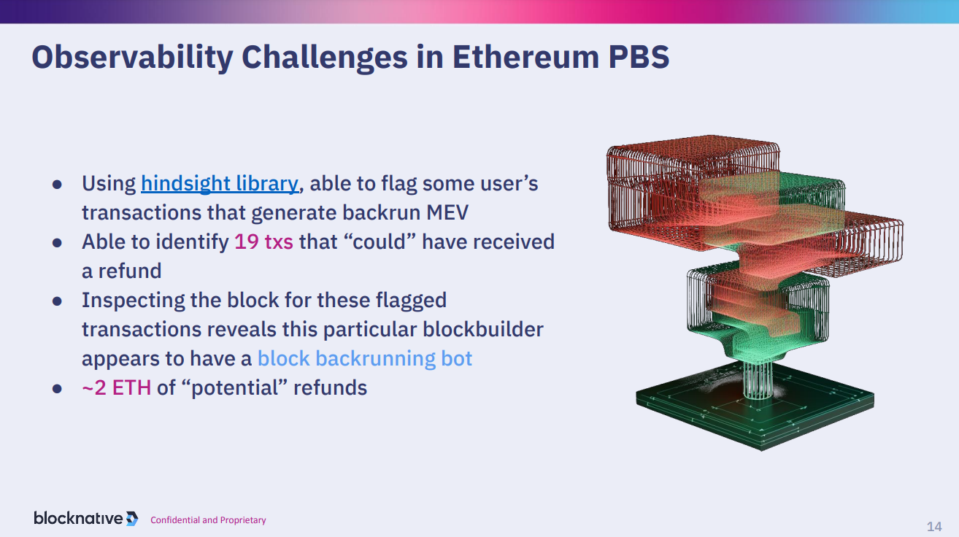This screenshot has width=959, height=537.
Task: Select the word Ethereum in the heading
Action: click(525, 58)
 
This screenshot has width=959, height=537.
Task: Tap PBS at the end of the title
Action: click(639, 58)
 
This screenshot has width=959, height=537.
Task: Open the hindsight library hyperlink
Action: click(220, 184)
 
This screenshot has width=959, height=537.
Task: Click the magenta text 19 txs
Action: click(263, 242)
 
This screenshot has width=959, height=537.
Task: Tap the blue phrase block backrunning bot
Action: click(365, 358)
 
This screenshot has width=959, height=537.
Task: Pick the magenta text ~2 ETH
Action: click(117, 387)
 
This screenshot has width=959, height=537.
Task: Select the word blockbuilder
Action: click(483, 330)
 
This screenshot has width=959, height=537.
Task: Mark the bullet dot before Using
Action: click(57, 185)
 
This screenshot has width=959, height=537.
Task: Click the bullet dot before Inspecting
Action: click(57, 301)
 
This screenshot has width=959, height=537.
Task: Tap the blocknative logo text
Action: click(78, 518)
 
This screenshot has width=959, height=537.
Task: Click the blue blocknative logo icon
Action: click(132, 519)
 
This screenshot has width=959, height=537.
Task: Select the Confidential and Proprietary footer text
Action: click(208, 520)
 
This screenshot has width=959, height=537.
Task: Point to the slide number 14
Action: click(934, 526)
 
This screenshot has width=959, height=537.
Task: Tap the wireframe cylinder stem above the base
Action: click(758, 379)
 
